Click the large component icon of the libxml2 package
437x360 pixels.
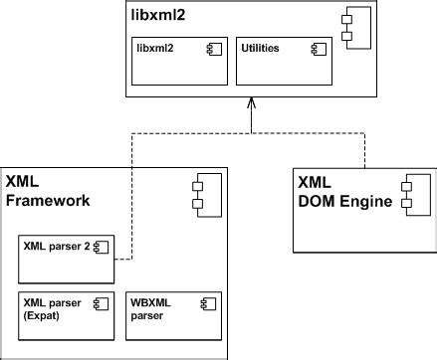[345, 27]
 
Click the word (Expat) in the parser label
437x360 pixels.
[44, 316]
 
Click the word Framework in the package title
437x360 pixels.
[48, 199]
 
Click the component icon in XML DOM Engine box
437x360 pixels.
[408, 193]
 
